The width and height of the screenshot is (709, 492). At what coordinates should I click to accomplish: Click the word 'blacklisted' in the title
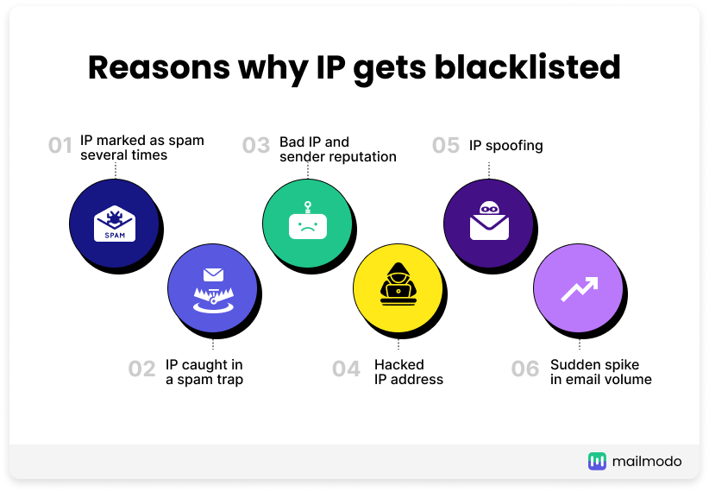click(x=527, y=67)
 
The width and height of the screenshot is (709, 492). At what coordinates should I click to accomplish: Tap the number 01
click(x=60, y=146)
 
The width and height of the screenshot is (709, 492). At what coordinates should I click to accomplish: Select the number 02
click(x=141, y=369)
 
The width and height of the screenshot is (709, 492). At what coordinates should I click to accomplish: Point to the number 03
click(x=256, y=146)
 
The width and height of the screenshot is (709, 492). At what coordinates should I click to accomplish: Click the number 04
click(x=346, y=369)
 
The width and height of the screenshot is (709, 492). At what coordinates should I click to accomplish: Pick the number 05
click(x=446, y=146)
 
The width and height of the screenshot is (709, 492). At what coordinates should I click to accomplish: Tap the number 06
click(x=525, y=369)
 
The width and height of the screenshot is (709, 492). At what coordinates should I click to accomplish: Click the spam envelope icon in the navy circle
click(x=115, y=224)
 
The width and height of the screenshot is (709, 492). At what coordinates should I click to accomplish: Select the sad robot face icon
click(x=308, y=220)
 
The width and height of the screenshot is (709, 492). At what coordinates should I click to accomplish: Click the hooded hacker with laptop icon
click(x=398, y=284)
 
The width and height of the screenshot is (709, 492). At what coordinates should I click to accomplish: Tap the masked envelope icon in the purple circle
click(x=489, y=220)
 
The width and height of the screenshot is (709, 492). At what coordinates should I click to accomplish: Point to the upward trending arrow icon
click(x=580, y=289)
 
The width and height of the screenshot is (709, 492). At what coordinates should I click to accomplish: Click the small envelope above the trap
click(x=213, y=274)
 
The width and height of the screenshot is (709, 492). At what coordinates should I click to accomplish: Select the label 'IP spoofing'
click(x=506, y=146)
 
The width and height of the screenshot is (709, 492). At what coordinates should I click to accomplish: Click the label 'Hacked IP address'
click(x=409, y=372)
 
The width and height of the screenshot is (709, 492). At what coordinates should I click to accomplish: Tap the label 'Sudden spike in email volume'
click(x=601, y=372)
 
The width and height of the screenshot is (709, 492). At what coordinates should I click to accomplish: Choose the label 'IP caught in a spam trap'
click(x=204, y=372)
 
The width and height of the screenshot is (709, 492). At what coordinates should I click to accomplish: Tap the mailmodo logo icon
click(x=597, y=461)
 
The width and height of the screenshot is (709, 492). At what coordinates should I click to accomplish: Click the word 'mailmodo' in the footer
click(x=647, y=462)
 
